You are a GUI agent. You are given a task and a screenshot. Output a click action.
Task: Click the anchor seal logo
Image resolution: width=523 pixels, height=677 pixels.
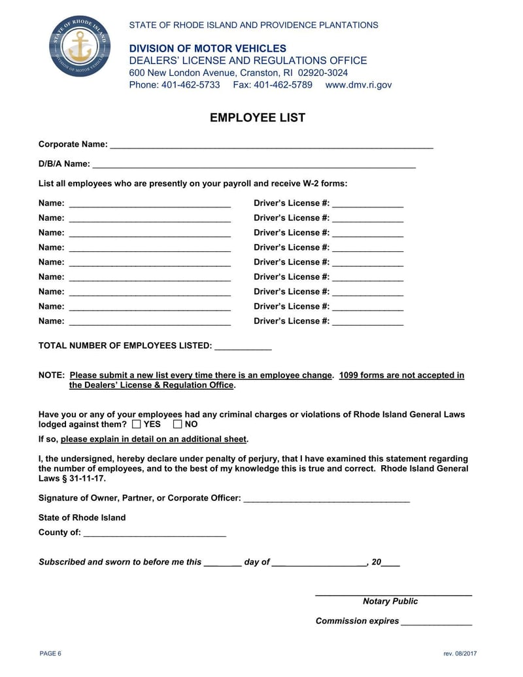tap(80, 46)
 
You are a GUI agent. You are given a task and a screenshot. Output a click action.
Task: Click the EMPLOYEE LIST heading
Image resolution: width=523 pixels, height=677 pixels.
tap(257, 118)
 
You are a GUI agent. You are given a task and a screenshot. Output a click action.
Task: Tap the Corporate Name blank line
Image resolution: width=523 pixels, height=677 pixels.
tap(271, 145)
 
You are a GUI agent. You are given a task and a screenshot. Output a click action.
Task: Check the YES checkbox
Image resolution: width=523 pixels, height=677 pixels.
tap(136, 425)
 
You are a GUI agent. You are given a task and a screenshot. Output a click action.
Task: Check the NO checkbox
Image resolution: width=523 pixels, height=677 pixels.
tap(178, 425)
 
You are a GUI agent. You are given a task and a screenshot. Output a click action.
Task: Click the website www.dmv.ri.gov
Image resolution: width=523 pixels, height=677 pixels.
tap(358, 85)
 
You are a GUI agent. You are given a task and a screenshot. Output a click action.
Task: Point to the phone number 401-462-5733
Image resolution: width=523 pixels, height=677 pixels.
tap(190, 85)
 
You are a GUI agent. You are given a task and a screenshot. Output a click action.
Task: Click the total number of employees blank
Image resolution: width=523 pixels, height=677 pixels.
tap(243, 347)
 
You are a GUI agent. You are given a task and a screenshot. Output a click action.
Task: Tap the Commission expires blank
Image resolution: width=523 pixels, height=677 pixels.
tap(436, 622)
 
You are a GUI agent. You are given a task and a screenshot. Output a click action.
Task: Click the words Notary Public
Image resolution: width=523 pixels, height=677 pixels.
tap(390, 602)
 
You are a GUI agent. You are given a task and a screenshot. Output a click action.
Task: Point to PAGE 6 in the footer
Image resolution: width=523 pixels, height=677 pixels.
tap(50, 653)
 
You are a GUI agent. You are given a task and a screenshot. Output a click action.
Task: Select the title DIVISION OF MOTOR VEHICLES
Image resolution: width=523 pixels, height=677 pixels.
tap(207, 48)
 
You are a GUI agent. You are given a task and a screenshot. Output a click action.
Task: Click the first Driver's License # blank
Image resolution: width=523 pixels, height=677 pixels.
tap(367, 204)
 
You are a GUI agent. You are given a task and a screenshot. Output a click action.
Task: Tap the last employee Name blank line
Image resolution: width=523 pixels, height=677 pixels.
tap(150, 322)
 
